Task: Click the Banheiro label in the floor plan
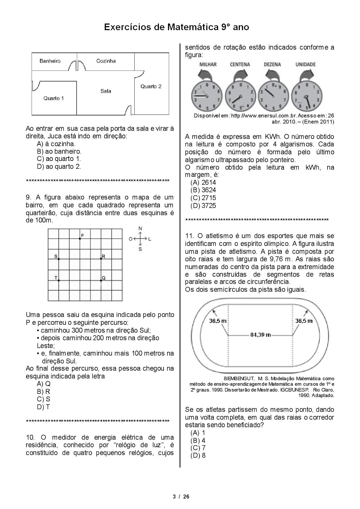coord(50,61)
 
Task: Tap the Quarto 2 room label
coord(151,87)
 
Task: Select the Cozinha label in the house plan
coord(106,61)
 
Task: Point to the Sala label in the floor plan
coord(106,91)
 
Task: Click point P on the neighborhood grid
coord(80,239)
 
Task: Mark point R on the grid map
coord(101,259)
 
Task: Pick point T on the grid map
coord(59,280)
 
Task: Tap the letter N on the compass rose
coord(140,228)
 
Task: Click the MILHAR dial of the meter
coord(207,96)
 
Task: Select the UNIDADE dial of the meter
coord(307,96)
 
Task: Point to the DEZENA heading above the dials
coord(272,65)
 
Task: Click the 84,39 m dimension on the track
coord(260,335)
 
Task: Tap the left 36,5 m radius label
coord(218,321)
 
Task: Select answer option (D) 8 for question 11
coord(198,456)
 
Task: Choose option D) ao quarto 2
coord(59,166)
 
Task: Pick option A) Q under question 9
coord(44,384)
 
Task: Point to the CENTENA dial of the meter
coord(240,96)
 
